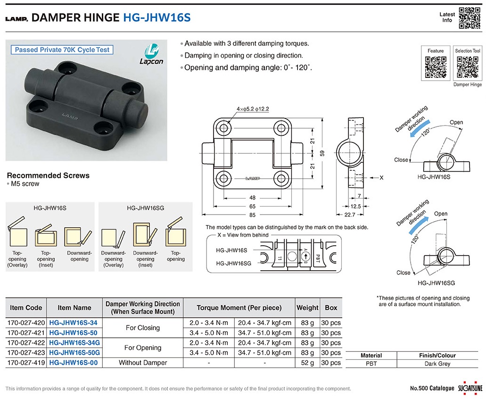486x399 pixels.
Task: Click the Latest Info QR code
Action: (x=470, y=18)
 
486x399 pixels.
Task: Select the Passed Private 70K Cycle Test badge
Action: (x=62, y=50)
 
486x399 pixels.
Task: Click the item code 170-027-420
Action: (x=26, y=323)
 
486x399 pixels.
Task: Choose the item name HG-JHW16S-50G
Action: (x=74, y=353)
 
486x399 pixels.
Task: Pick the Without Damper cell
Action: (x=143, y=363)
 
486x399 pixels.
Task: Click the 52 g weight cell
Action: (x=307, y=363)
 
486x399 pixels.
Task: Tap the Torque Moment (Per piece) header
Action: (x=239, y=308)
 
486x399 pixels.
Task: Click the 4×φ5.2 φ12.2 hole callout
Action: (x=253, y=109)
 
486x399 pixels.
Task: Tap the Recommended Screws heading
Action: (x=48, y=175)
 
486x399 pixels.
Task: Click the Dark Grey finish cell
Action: (x=437, y=364)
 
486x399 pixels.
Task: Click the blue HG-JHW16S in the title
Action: (x=157, y=18)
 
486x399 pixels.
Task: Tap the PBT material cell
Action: (x=371, y=364)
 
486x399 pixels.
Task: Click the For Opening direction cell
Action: (x=143, y=348)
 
